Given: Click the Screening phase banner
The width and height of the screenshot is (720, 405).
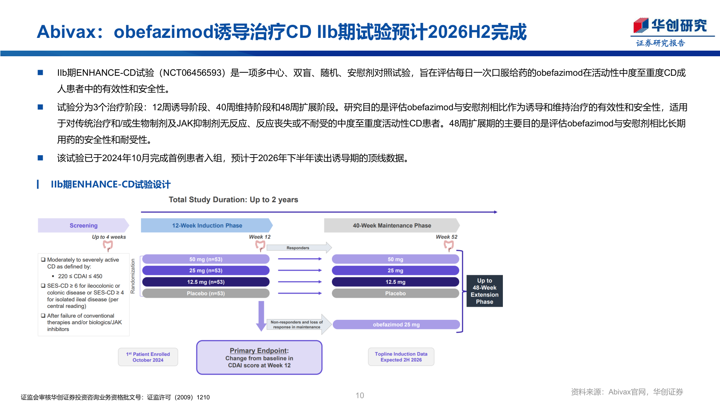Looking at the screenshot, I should pyautogui.click(x=83, y=225).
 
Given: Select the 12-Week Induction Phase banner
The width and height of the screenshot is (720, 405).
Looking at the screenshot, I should pyautogui.click(x=207, y=225).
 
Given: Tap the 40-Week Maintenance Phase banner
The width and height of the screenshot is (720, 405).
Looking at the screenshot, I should pyautogui.click(x=391, y=225).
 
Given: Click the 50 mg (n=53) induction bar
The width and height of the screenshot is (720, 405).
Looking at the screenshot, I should pyautogui.click(x=205, y=259).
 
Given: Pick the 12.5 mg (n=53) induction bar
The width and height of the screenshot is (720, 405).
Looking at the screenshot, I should pyautogui.click(x=205, y=282).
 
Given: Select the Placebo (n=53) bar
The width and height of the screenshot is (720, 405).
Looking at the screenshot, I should pyautogui.click(x=205, y=293).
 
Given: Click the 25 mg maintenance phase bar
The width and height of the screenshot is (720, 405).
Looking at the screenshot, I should pyautogui.click(x=395, y=270).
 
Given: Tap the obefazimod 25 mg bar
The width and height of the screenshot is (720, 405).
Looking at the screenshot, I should pyautogui.click(x=396, y=324).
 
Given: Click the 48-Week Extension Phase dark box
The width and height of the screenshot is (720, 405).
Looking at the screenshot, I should pyautogui.click(x=484, y=291).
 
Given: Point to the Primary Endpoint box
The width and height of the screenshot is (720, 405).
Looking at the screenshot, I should pyautogui.click(x=259, y=357).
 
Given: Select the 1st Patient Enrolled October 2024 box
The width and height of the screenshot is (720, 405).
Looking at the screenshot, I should pyautogui.click(x=148, y=357).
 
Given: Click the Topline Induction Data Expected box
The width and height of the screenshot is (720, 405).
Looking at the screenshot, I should pyautogui.click(x=401, y=357).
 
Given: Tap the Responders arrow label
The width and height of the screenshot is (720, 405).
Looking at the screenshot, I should pyautogui.click(x=298, y=248).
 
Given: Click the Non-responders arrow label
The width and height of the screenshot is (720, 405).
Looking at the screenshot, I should pyautogui.click(x=297, y=324).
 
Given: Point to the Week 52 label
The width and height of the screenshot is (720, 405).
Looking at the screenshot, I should pyautogui.click(x=446, y=237).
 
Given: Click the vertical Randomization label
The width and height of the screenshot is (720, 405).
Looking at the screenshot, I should pyautogui.click(x=133, y=276).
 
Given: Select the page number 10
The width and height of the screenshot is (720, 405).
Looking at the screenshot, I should pyautogui.click(x=360, y=395).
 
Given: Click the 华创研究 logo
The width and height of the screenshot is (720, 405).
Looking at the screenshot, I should pyautogui.click(x=670, y=26).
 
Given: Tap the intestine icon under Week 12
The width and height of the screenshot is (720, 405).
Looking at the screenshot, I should pyautogui.click(x=260, y=246).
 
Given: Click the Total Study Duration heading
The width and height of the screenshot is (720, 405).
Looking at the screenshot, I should pyautogui.click(x=233, y=199).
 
